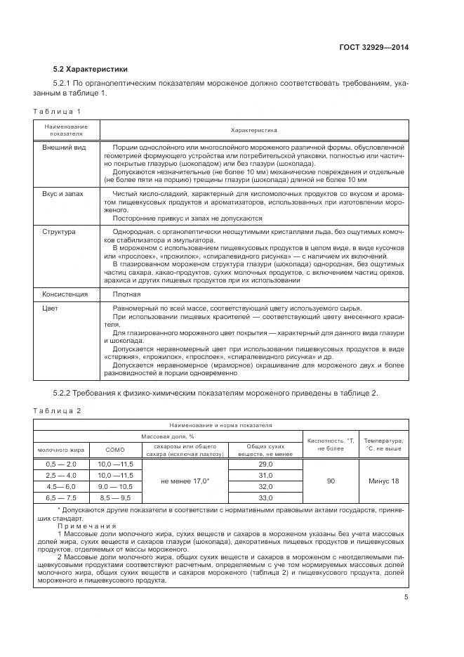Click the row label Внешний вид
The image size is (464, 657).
(64, 148)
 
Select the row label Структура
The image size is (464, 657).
(59, 231)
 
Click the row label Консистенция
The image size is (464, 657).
(65, 294)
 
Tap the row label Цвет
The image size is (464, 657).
(50, 308)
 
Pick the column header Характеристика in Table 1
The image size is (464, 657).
(254, 130)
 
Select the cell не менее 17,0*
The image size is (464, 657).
(185, 481)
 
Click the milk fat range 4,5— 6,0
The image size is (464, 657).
(61, 486)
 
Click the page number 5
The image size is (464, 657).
(406, 597)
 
